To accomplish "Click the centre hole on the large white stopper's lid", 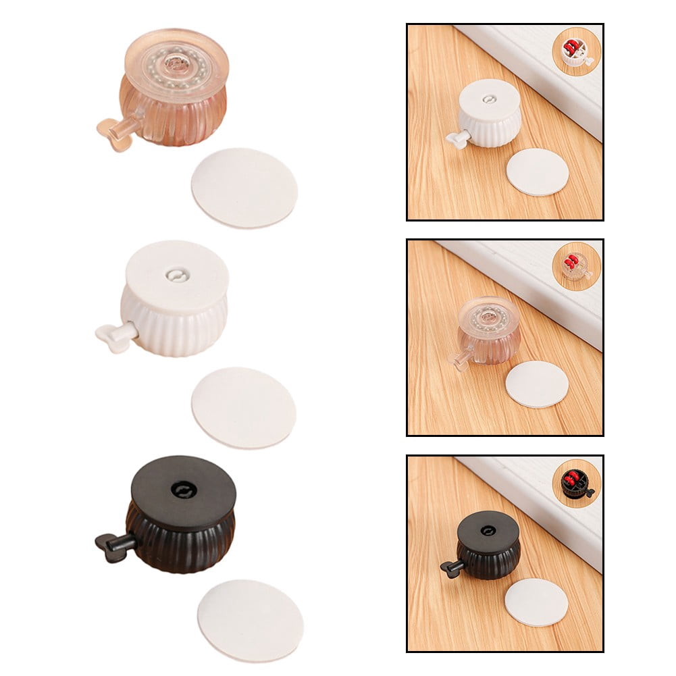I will tap(177, 276).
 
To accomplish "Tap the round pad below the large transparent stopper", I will tap(244, 187).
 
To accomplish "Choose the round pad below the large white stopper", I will tap(244, 407).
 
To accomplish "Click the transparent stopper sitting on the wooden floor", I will tap(490, 330).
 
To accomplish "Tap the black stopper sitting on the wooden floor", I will tap(488, 544).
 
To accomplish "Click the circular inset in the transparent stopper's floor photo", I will tap(576, 266).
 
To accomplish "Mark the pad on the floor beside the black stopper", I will tap(537, 602).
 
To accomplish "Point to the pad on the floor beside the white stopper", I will tap(538, 172).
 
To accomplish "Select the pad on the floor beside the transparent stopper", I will tap(538, 384).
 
